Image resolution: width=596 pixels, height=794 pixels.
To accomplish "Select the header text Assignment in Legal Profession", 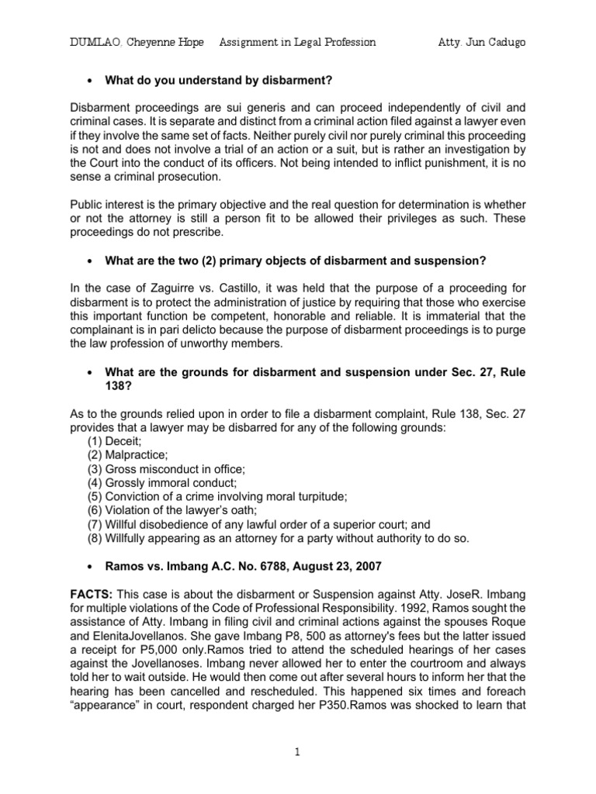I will click(298, 43).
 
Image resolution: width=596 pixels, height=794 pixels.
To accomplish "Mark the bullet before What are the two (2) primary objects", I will click(91, 257).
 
